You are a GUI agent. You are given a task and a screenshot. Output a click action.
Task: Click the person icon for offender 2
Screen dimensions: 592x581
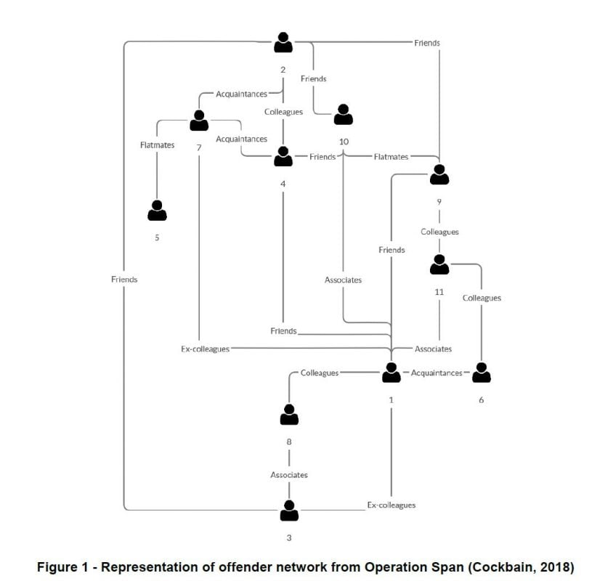pos(283,42)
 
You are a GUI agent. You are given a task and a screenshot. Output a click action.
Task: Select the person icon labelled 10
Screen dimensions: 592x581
pos(343,115)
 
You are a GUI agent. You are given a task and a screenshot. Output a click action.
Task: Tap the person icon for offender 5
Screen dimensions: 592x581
pos(157,211)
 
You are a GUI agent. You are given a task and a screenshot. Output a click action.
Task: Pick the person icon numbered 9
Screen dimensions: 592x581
pos(439,174)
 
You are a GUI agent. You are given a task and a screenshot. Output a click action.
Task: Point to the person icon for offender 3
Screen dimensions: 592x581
pos(289,511)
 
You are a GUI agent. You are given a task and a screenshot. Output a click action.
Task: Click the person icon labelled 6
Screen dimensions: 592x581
pos(482,373)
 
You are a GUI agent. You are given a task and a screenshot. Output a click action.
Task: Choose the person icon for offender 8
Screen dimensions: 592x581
pos(289,415)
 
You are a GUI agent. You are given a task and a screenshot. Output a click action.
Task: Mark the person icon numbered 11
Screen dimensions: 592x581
pos(439,264)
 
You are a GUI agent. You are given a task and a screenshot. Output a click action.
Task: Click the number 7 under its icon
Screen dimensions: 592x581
pos(199,147)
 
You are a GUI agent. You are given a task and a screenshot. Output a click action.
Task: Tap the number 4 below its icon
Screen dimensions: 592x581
pos(283,184)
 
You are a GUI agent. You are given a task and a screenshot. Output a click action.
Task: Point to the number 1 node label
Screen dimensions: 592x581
pos(391,399)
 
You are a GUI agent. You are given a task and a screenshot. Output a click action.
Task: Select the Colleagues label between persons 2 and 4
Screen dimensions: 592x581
pos(283,112)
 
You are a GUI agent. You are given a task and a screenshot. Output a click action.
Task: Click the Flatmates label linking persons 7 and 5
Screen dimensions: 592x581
pos(157,145)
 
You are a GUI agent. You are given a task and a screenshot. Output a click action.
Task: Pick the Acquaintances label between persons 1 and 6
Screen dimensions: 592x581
pos(437,373)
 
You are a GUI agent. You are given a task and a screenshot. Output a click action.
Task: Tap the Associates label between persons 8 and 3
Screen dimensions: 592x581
pos(289,475)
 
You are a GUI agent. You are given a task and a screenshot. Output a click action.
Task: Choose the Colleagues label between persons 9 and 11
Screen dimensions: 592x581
pos(440,232)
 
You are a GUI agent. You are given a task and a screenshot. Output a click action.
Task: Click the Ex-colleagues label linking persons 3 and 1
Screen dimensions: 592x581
pos(392,505)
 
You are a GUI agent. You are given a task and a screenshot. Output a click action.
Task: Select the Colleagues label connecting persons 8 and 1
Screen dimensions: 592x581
pos(320,373)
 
